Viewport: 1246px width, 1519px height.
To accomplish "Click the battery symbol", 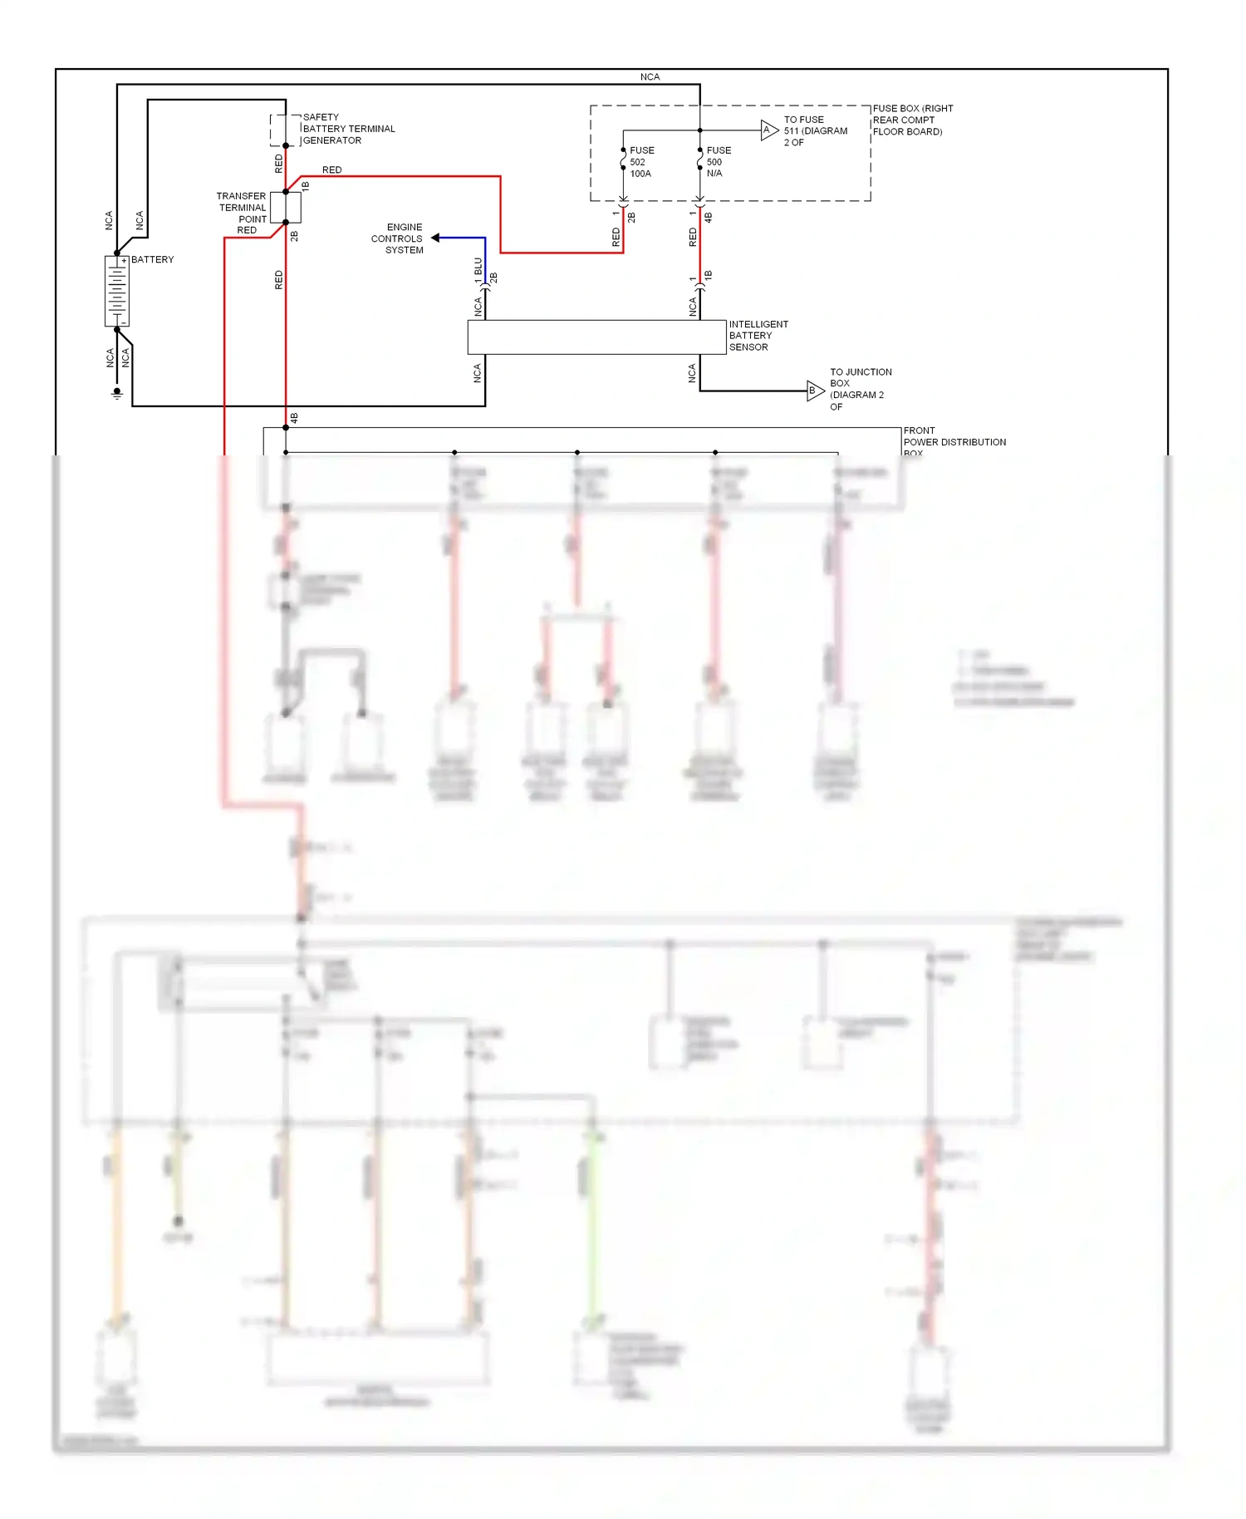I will coord(116,291).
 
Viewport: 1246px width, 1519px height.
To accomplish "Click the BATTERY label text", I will coord(153,259).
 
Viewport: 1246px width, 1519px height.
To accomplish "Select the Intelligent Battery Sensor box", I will coord(596,337).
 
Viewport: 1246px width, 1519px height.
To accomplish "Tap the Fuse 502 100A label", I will coord(641,162).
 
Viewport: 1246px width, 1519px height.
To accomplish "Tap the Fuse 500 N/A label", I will coord(719,162).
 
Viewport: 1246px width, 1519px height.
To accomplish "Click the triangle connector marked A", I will coord(769,130).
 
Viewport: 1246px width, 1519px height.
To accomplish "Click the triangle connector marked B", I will coord(815,391).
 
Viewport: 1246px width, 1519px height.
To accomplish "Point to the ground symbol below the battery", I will coord(117,394).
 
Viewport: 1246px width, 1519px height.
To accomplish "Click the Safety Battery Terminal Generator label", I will coord(348,129).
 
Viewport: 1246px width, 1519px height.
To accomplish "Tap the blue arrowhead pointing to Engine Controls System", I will coord(435,238).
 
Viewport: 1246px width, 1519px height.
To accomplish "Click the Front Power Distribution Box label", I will coord(954,442).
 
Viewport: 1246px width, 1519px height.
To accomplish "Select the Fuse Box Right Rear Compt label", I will coord(912,120).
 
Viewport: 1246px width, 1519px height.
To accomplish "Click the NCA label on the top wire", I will coord(650,76).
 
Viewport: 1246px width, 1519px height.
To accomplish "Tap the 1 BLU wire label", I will coord(478,270).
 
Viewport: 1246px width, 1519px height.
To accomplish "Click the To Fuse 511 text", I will coord(814,130).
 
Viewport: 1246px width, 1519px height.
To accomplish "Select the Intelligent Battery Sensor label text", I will coord(758,336).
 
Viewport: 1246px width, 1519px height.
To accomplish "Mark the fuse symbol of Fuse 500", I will coord(700,159).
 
